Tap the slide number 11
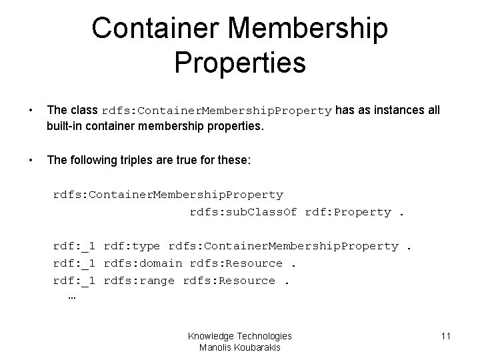[x=446, y=337]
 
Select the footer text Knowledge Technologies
[x=239, y=337]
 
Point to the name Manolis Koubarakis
[x=239, y=347]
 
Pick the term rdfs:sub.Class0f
[x=244, y=212]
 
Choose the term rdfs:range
[x=140, y=281]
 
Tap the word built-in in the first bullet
[x=65, y=125]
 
